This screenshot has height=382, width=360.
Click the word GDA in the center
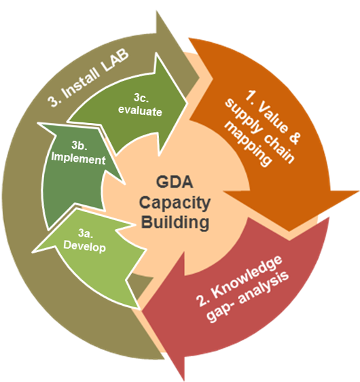175,182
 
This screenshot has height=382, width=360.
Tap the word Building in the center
175,223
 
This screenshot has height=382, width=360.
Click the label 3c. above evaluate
141,98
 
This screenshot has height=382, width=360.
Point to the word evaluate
140,111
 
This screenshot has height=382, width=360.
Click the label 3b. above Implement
79,145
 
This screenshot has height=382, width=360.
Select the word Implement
78,158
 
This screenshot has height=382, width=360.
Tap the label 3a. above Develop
86,233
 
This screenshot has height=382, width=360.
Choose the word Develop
84,247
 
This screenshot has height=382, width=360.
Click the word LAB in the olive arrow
115,60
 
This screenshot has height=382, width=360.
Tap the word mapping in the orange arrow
248,144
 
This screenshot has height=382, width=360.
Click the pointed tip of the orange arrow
289,230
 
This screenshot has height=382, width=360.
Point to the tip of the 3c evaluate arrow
187,103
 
